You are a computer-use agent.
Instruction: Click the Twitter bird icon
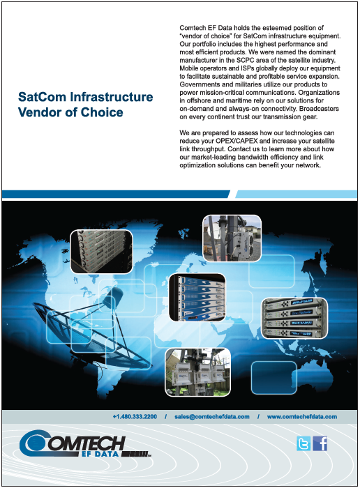click(303, 443)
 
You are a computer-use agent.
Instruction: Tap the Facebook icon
click(320, 443)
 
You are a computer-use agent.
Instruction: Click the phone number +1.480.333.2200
click(135, 417)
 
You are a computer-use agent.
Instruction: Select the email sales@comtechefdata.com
click(212, 417)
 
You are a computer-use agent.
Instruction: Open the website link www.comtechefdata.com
click(302, 417)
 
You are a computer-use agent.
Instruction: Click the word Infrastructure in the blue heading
click(112, 97)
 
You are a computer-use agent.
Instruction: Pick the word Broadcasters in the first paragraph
click(319, 109)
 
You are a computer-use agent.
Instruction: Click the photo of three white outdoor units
click(197, 372)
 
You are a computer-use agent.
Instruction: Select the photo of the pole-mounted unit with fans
click(232, 238)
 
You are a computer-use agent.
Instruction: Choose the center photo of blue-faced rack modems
click(197, 297)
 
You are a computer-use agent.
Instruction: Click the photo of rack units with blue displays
click(294, 318)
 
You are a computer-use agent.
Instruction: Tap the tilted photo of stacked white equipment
click(102, 252)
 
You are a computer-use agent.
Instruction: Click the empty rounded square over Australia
click(273, 378)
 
